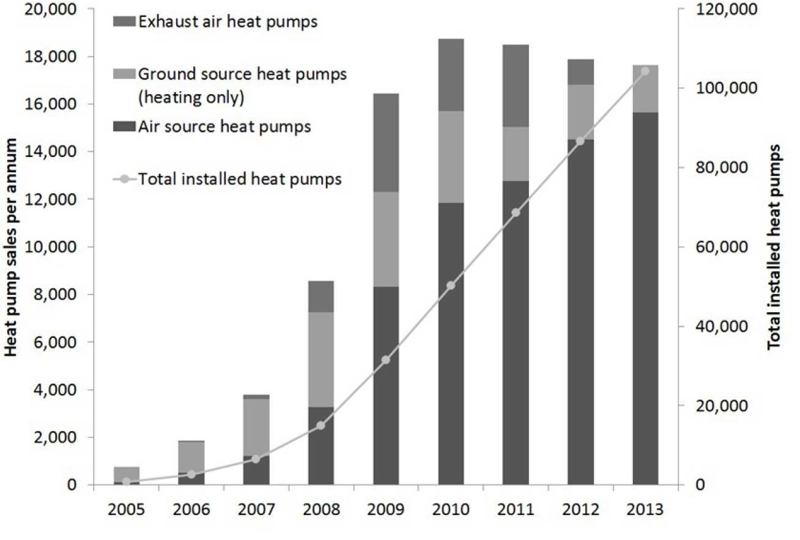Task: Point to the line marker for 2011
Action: (515, 213)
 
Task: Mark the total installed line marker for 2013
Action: (645, 71)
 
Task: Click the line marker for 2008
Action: (320, 425)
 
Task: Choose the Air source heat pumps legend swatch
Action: (124, 127)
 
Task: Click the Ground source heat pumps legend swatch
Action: (124, 75)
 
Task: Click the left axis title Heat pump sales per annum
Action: (11, 247)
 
